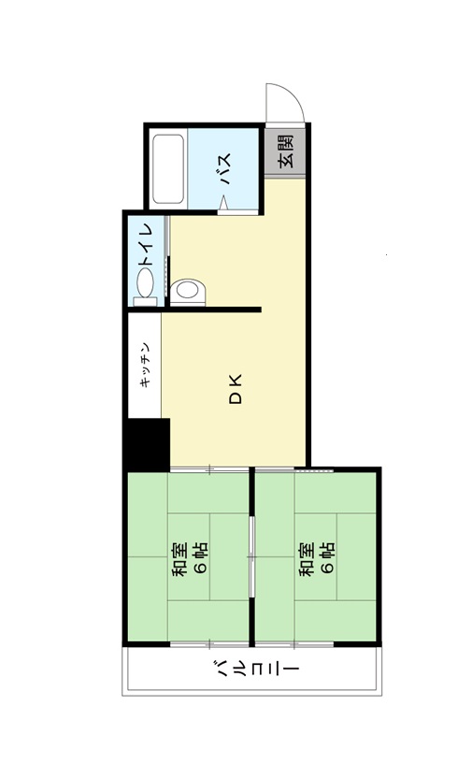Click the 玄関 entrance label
point(286,151)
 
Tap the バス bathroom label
point(225,169)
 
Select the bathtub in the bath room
point(168,169)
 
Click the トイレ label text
point(147,246)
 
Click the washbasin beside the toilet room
point(188,292)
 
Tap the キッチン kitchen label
point(145,365)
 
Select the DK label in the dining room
point(236,389)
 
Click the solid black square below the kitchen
point(146,444)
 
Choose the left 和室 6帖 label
point(190,559)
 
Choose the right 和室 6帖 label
point(317,559)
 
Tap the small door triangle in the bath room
point(223,203)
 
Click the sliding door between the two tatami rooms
point(251,556)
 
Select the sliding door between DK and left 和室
point(209,469)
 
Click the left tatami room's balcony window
point(209,644)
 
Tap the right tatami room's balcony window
point(294,644)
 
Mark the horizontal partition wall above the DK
point(212,310)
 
